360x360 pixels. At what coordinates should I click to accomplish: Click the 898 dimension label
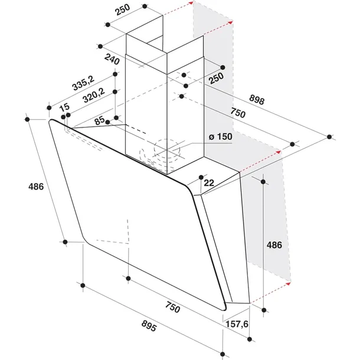pyautogui.click(x=257, y=100)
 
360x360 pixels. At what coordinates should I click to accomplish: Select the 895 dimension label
pyautogui.click(x=149, y=326)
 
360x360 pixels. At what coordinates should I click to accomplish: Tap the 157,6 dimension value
pyautogui.click(x=237, y=324)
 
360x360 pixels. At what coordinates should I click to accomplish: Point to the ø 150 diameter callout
pyautogui.click(x=220, y=136)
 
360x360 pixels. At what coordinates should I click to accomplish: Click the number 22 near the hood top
pyautogui.click(x=209, y=183)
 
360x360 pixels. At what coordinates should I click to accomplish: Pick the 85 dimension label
pyautogui.click(x=100, y=120)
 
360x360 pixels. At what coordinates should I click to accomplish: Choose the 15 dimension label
pyautogui.click(x=64, y=107)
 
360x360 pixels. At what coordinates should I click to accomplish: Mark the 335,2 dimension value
pyautogui.click(x=83, y=83)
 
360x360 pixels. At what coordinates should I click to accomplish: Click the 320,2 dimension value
pyautogui.click(x=94, y=95)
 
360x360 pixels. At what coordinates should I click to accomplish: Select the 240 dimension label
pyautogui.click(x=112, y=60)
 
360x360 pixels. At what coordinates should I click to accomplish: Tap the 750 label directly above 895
pyautogui.click(x=173, y=307)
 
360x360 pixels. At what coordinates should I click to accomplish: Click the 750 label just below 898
pyautogui.click(x=238, y=113)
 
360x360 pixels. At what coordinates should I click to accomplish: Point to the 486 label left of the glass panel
pyautogui.click(x=36, y=186)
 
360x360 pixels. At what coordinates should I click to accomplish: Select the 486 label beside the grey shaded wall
pyautogui.click(x=274, y=245)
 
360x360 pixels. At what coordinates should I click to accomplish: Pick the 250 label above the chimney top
pyautogui.click(x=122, y=9)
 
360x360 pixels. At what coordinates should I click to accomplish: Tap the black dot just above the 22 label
pyautogui.click(x=201, y=177)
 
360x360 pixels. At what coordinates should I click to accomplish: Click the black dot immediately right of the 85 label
pyautogui.click(x=107, y=122)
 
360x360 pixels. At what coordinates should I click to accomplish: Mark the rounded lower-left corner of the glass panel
pyautogui.click(x=86, y=240)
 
